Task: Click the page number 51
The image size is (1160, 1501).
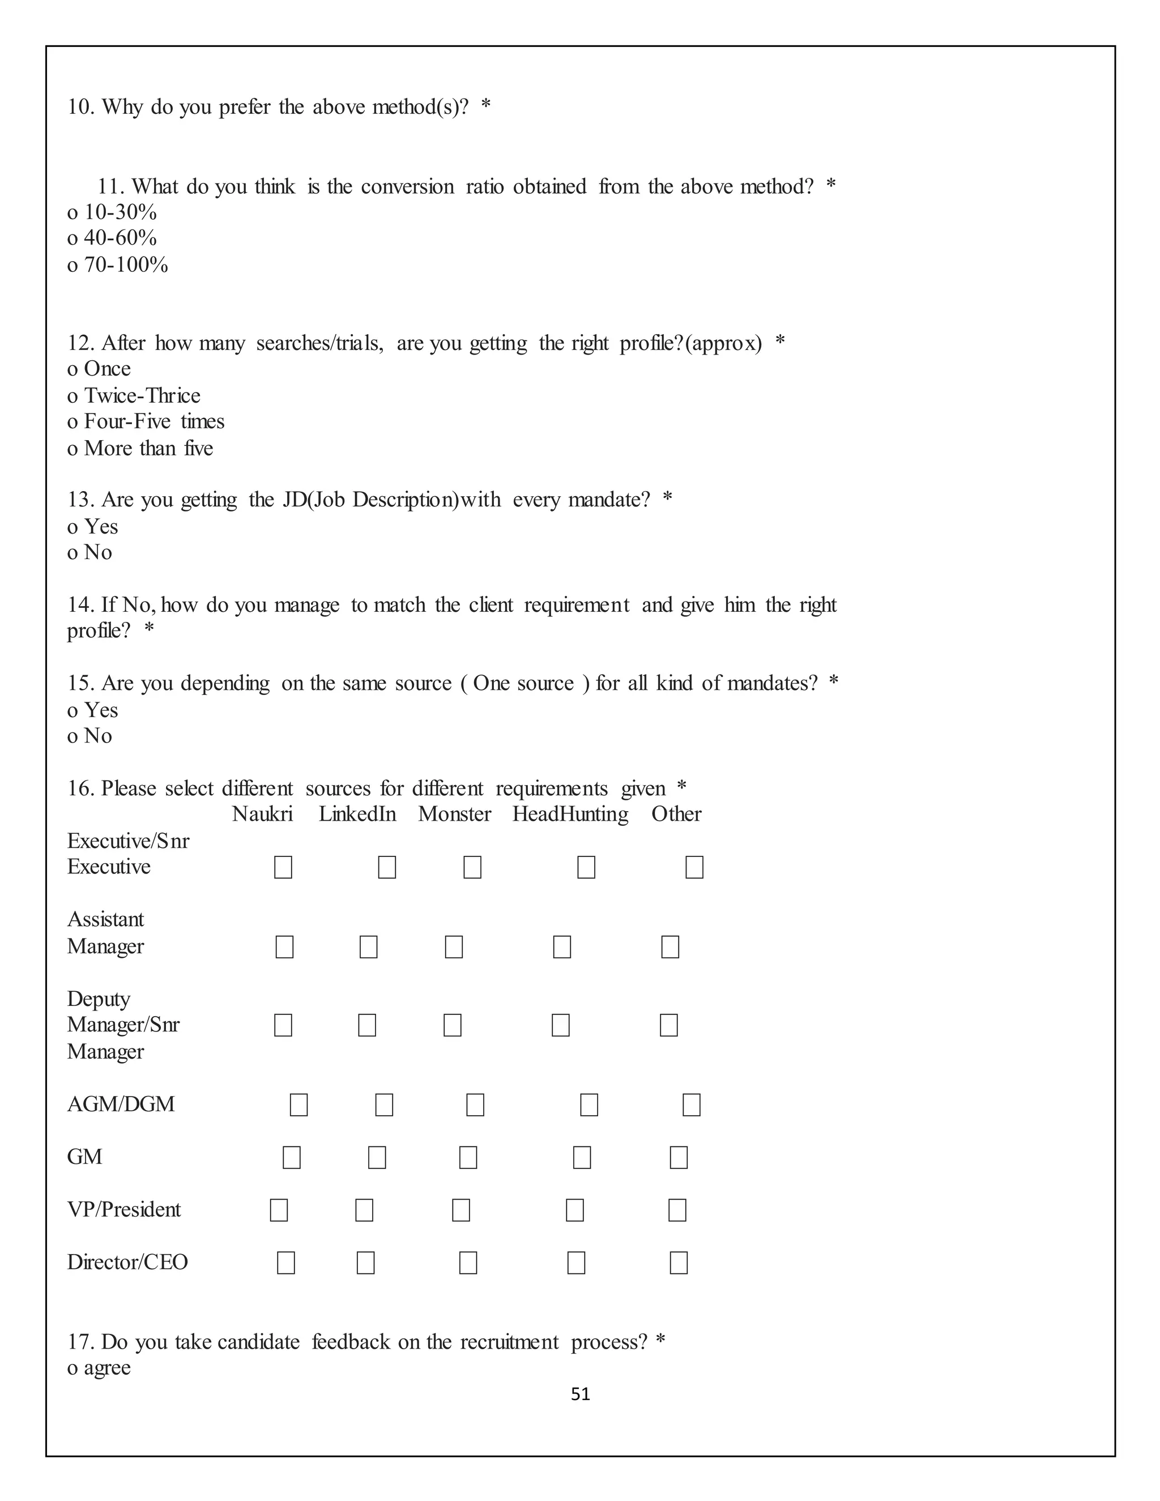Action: [580, 1393]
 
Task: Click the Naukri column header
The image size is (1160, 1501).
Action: [262, 814]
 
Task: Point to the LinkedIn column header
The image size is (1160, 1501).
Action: [357, 814]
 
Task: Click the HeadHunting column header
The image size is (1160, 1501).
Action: [570, 814]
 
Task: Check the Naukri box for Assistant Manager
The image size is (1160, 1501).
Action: [284, 946]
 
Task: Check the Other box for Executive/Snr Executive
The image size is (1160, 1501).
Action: [694, 867]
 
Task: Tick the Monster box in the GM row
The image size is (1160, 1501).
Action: [468, 1157]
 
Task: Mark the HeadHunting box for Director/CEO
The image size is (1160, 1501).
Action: [576, 1263]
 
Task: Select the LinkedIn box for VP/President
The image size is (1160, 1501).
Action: [364, 1210]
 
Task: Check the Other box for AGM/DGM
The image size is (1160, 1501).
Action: [692, 1105]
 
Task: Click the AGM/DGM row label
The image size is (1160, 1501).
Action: [121, 1105]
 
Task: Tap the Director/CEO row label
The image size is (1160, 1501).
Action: [127, 1263]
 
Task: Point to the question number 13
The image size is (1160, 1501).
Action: [80, 500]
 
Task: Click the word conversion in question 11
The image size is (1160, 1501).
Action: [407, 186]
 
